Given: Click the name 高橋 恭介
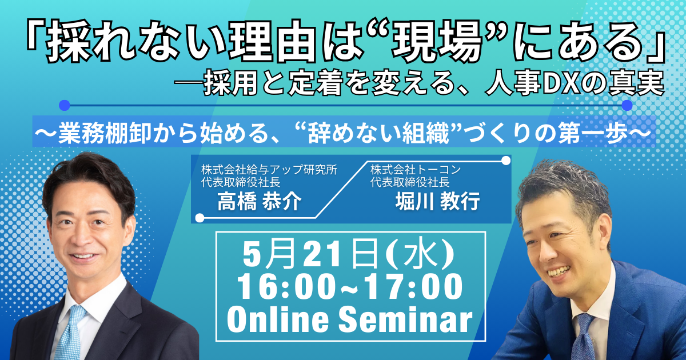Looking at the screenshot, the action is point(260,202).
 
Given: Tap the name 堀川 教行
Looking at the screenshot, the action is point(438,202).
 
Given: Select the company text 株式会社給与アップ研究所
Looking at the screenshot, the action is point(269,170).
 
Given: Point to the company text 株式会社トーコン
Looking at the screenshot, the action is point(416,170).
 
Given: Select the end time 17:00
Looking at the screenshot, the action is point(416,287).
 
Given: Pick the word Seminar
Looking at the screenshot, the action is point(405,319).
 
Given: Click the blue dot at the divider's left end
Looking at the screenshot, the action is point(64,105).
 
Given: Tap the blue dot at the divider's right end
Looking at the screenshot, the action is point(627,105).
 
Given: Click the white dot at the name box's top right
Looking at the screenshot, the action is point(506,160).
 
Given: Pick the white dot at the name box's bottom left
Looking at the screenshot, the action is point(200,218).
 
